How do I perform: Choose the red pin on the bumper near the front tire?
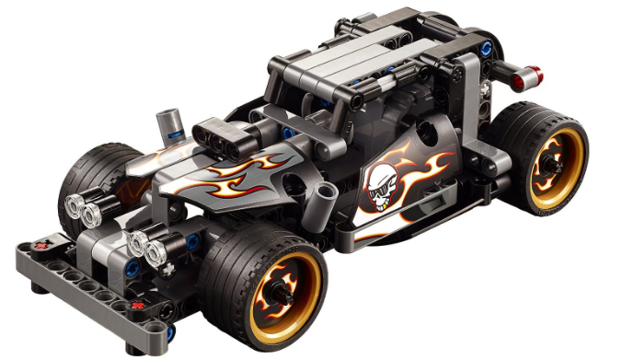point(137,304)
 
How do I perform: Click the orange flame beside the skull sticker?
point(431,169)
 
